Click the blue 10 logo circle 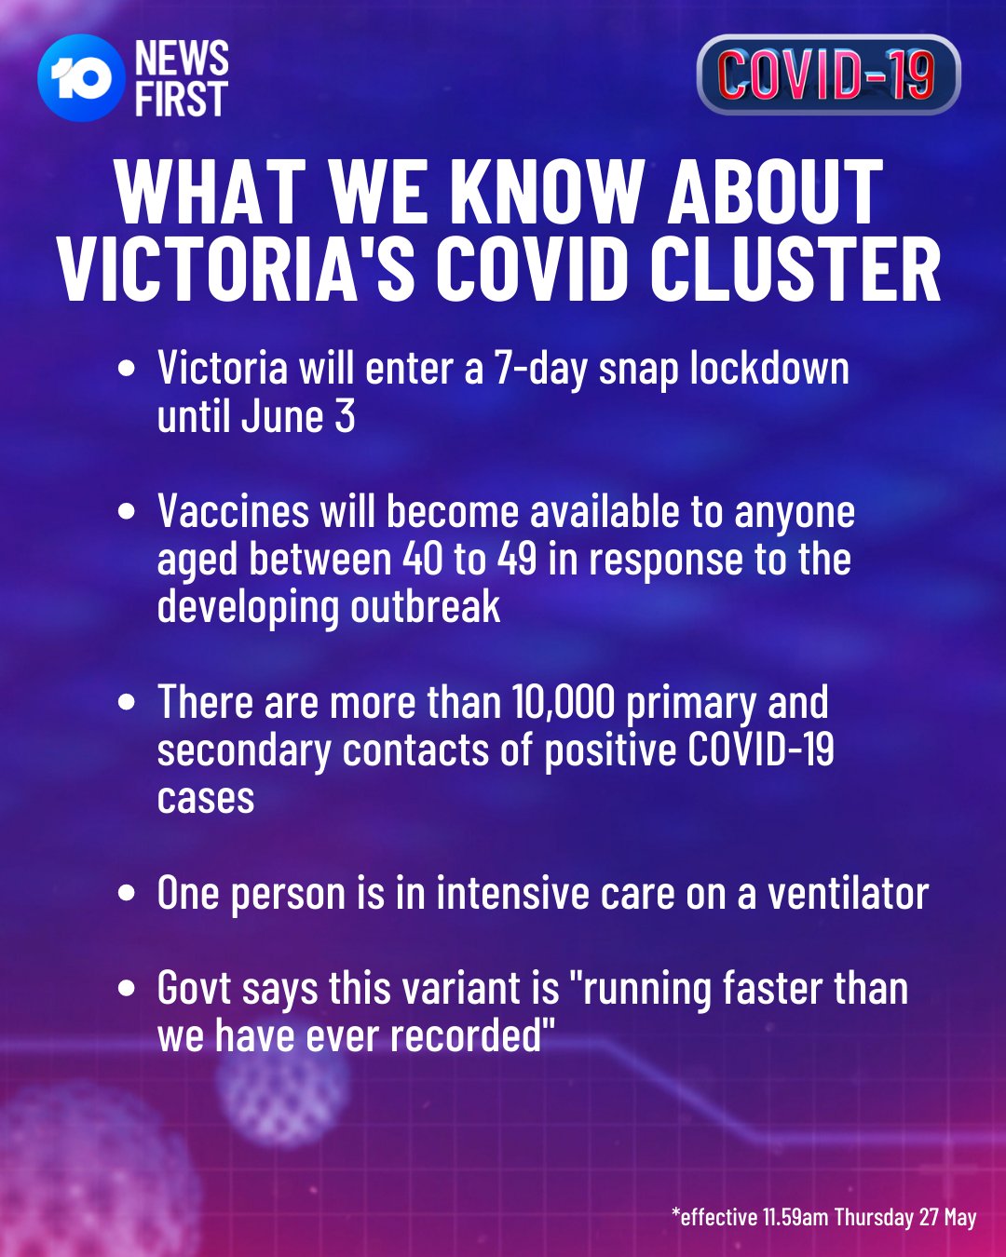(x=81, y=78)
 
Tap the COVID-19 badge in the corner (x=828, y=74)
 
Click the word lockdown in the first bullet (x=769, y=369)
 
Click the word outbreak (x=425, y=607)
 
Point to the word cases (x=206, y=798)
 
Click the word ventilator (x=848, y=893)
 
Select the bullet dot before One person (x=126, y=894)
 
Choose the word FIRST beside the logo (x=182, y=99)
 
